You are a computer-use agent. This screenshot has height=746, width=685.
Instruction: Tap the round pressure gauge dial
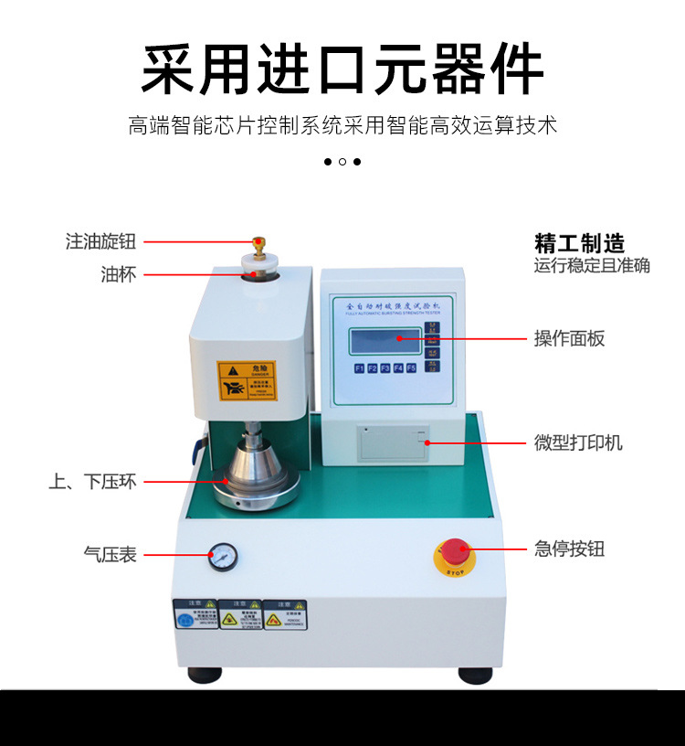[222, 556]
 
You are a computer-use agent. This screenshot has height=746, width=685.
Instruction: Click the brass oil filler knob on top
[258, 244]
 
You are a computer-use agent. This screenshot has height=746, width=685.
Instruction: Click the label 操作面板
[569, 338]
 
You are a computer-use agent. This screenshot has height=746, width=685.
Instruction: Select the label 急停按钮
[569, 549]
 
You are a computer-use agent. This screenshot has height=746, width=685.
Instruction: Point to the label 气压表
[110, 554]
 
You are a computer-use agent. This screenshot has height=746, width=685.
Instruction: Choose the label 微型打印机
[578, 443]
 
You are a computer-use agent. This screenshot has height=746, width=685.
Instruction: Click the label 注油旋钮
[100, 241]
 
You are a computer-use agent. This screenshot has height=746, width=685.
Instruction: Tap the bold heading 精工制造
[580, 243]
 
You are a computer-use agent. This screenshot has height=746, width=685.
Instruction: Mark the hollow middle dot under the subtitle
[342, 162]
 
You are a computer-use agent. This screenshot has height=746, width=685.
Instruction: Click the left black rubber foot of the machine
[205, 676]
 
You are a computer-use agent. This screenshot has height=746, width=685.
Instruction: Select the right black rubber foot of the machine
[475, 676]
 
